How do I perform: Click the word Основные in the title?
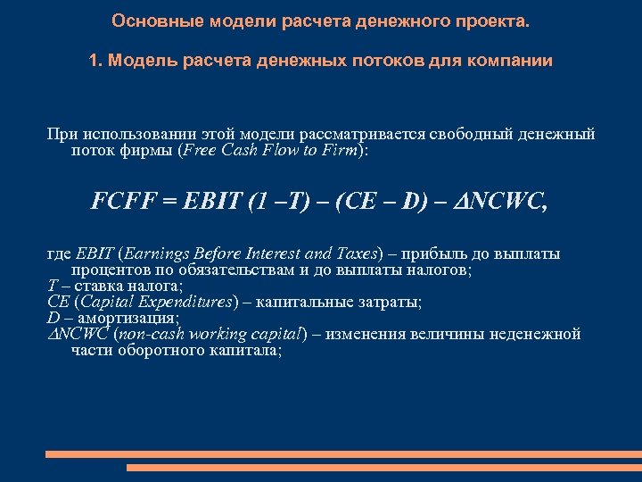(145, 20)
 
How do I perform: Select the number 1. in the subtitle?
(95, 61)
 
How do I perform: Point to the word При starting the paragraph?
(60, 134)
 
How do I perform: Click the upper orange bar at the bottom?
(342, 454)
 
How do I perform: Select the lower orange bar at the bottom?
(383, 467)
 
